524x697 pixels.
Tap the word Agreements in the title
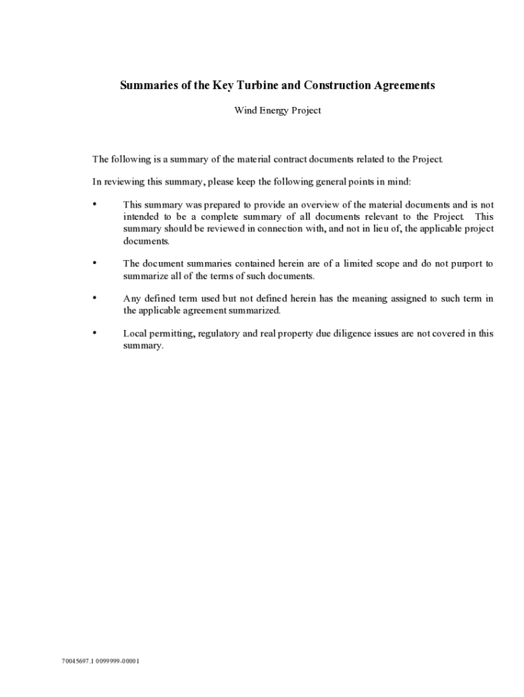[x=402, y=86]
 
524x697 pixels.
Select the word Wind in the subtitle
[x=246, y=111]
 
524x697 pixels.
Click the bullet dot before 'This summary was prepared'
[x=95, y=204]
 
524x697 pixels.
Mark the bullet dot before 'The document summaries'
[x=95, y=262]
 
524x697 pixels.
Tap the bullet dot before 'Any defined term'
[x=95, y=297]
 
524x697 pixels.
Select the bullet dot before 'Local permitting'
[x=95, y=332]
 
